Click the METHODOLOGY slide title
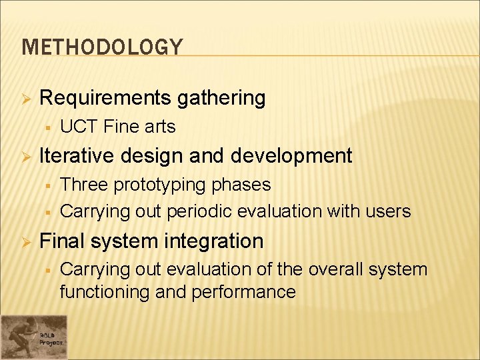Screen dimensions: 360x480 [102, 47]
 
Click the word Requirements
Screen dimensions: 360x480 [106, 98]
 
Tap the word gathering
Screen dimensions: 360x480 [221, 98]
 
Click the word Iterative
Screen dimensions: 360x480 [81, 155]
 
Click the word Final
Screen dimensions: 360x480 [63, 241]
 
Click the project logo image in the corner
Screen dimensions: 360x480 [34, 337]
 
